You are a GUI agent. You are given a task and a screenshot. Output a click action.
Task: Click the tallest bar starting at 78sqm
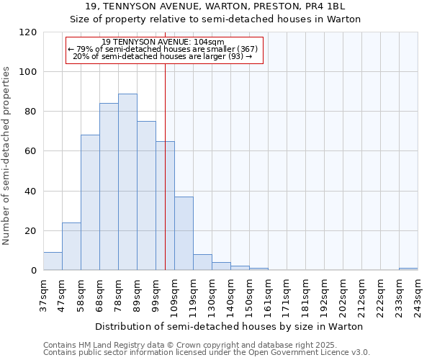coord(127,182)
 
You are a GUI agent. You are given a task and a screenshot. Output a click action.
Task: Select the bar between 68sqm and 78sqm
coord(109,186)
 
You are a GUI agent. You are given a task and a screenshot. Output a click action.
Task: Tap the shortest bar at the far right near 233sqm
coord(408,269)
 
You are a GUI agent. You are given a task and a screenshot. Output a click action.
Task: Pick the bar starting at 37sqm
coord(53,261)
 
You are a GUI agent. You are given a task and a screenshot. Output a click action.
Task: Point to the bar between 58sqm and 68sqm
coord(90,202)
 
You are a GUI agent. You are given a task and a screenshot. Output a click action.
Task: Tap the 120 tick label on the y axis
coord(29,32)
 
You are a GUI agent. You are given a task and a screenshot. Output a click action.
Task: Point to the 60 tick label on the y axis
coord(31,152)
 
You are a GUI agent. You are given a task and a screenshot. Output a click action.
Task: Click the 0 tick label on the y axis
coord(34,271)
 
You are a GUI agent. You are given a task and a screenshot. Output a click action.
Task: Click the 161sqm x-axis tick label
coord(268,294)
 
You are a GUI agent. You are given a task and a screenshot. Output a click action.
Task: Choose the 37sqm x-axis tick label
coord(43,294)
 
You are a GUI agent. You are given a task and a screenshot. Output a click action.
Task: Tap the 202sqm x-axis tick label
coord(343,294)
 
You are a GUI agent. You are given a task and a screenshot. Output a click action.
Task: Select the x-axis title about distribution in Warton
coord(229,326)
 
